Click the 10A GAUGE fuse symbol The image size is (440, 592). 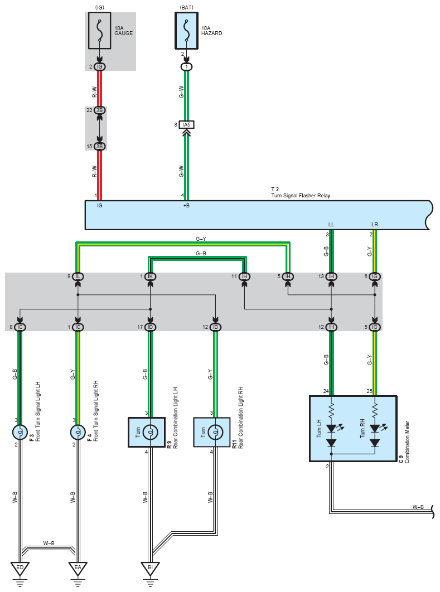point(100,31)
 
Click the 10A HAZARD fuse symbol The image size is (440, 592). point(186,31)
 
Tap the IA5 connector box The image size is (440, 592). point(186,125)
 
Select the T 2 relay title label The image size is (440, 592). point(275,190)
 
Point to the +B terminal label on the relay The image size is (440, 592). point(186,205)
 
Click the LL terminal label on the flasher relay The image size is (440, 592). point(331,224)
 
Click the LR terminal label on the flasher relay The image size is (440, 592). point(375,224)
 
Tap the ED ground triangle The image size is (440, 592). point(20,568)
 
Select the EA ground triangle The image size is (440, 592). point(78,568)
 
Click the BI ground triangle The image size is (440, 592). point(151,568)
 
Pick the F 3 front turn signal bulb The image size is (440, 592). point(20,432)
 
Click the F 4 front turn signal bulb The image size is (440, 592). point(78,432)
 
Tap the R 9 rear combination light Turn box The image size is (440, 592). point(147,433)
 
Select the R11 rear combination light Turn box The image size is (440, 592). point(212,433)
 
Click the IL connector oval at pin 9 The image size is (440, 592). point(78,276)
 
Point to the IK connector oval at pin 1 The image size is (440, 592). point(151,276)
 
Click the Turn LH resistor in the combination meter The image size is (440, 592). point(331,410)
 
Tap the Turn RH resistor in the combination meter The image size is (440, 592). point(375,410)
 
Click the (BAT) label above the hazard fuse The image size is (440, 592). point(186,7)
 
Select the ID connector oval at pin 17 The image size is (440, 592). point(151,327)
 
